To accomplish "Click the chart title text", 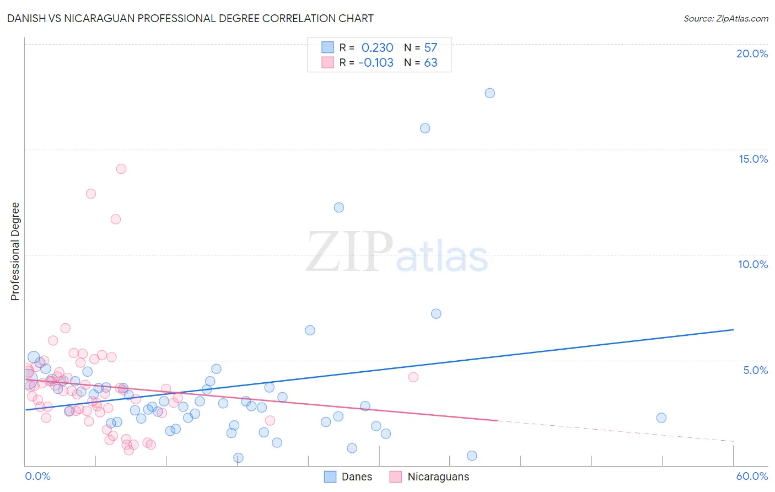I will pyautogui.click(x=190, y=18).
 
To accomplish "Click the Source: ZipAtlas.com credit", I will pyautogui.click(x=725, y=18).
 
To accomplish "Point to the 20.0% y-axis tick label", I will pyautogui.click(x=752, y=54).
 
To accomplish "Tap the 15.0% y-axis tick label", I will pyautogui.click(x=753, y=159).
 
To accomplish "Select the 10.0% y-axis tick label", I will pyautogui.click(x=753, y=264).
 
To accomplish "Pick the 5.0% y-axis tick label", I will pyautogui.click(x=755, y=370).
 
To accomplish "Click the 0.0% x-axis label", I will pyautogui.click(x=37, y=476).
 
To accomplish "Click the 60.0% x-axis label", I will pyautogui.click(x=752, y=476).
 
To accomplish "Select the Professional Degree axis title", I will pyautogui.click(x=15, y=252).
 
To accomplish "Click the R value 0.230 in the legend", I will pyautogui.click(x=377, y=47).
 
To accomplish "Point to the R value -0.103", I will pyautogui.click(x=376, y=62).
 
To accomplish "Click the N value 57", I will pyautogui.click(x=430, y=47).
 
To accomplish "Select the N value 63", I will pyautogui.click(x=430, y=62).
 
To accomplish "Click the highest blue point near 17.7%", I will pyautogui.click(x=489, y=93).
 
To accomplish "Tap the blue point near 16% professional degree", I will pyautogui.click(x=425, y=128).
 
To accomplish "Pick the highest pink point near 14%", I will pyautogui.click(x=121, y=169).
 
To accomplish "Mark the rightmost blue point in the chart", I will pyautogui.click(x=661, y=418).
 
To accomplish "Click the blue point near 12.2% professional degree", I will pyautogui.click(x=339, y=207).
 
